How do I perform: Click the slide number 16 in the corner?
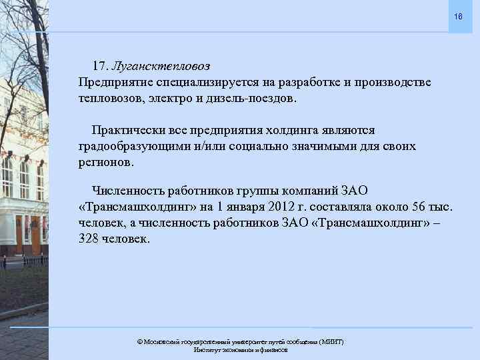(457, 15)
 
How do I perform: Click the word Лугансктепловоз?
(161, 66)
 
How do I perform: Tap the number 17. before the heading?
(101, 66)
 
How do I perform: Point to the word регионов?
(105, 162)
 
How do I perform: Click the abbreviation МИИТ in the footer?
(331, 341)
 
